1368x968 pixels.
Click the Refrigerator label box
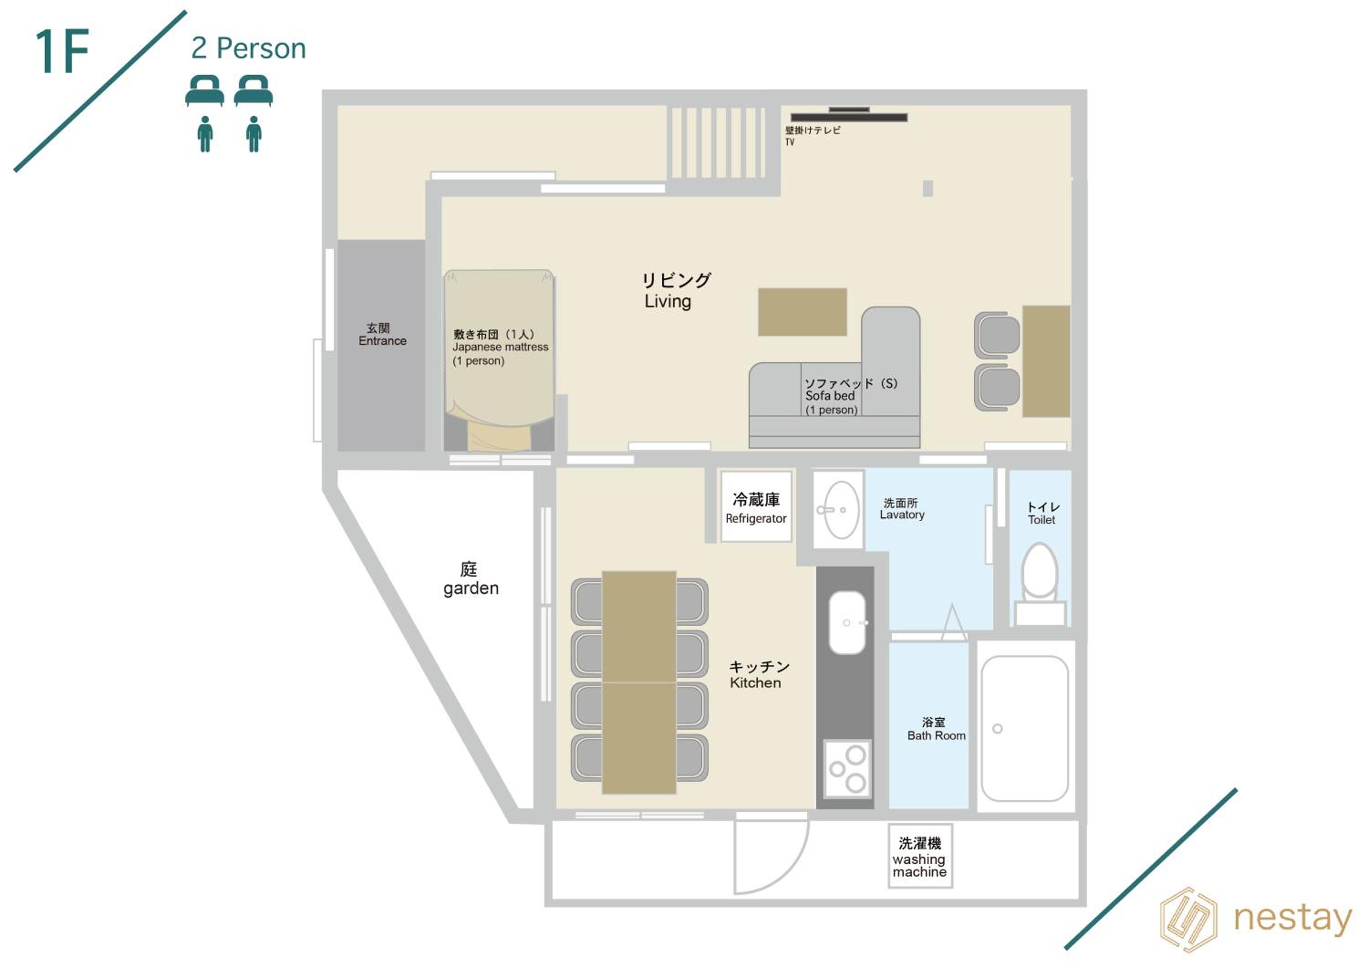click(756, 507)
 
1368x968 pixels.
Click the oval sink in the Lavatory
click(841, 510)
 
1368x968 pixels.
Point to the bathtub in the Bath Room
click(1024, 729)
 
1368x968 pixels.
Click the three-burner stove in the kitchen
click(847, 769)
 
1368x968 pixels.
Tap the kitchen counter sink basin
click(847, 622)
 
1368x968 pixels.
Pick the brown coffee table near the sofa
click(802, 312)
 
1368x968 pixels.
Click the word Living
click(668, 302)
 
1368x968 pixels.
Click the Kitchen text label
click(756, 683)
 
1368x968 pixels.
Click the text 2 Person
click(249, 48)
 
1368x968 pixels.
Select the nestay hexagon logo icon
click(1189, 920)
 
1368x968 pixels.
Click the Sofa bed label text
click(830, 396)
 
